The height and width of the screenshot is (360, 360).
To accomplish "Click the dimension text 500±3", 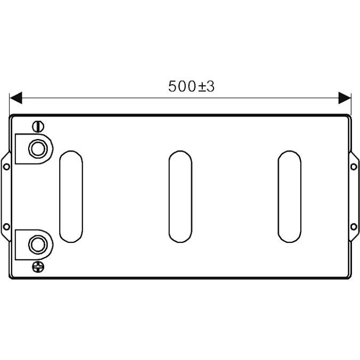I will pos(191,87).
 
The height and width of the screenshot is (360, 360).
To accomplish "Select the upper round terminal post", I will pos(38,149).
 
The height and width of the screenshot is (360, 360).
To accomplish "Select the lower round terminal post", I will pos(38,245).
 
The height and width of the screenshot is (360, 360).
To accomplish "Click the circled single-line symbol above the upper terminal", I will pos(38,127).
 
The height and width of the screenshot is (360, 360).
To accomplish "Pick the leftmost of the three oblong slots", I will pos(71,197).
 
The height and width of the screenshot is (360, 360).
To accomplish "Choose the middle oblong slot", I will pos(180,197).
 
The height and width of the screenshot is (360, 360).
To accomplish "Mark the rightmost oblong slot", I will pos(289,197).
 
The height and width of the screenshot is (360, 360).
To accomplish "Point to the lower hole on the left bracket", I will pos(6,226).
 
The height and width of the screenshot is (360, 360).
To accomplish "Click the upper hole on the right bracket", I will pos(353,167).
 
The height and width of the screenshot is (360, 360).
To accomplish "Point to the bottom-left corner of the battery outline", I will pos(12,277).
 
